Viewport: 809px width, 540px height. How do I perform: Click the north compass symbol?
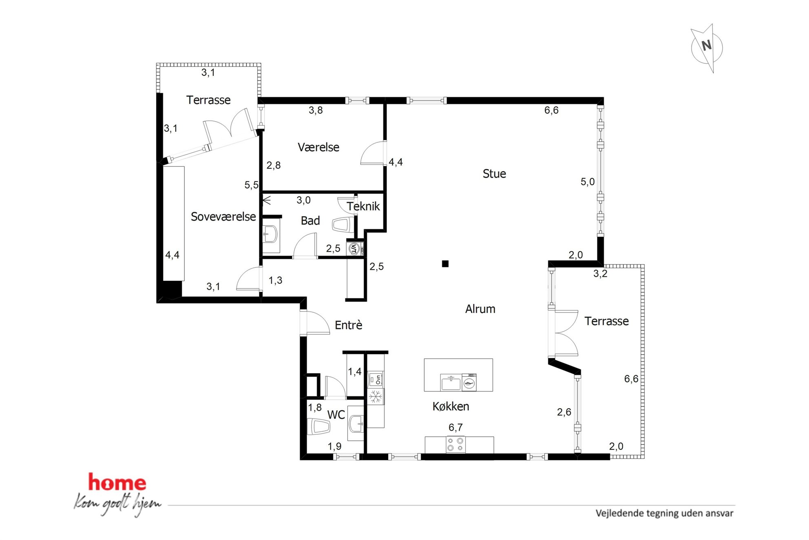click(707, 48)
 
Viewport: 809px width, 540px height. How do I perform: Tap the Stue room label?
click(494, 174)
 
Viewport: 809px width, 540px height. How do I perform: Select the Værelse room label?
click(318, 147)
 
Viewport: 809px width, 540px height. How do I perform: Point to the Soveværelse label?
click(223, 216)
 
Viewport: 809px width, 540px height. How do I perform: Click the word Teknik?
click(363, 206)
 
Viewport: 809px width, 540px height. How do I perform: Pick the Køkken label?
click(451, 406)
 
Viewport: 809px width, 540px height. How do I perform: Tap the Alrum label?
click(480, 309)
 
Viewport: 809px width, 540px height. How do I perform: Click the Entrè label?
click(349, 325)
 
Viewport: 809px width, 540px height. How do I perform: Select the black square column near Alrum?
click(445, 264)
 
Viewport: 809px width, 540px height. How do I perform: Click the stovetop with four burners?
click(455, 444)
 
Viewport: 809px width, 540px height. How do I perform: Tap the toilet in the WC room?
click(318, 427)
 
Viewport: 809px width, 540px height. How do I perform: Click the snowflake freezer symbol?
click(376, 396)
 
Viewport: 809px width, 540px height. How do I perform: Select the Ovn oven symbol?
click(376, 379)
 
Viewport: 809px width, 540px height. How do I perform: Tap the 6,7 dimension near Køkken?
click(455, 427)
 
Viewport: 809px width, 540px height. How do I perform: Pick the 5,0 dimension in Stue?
click(588, 182)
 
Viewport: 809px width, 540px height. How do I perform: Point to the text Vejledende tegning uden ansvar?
click(665, 513)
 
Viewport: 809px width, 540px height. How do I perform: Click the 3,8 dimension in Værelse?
click(316, 110)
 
